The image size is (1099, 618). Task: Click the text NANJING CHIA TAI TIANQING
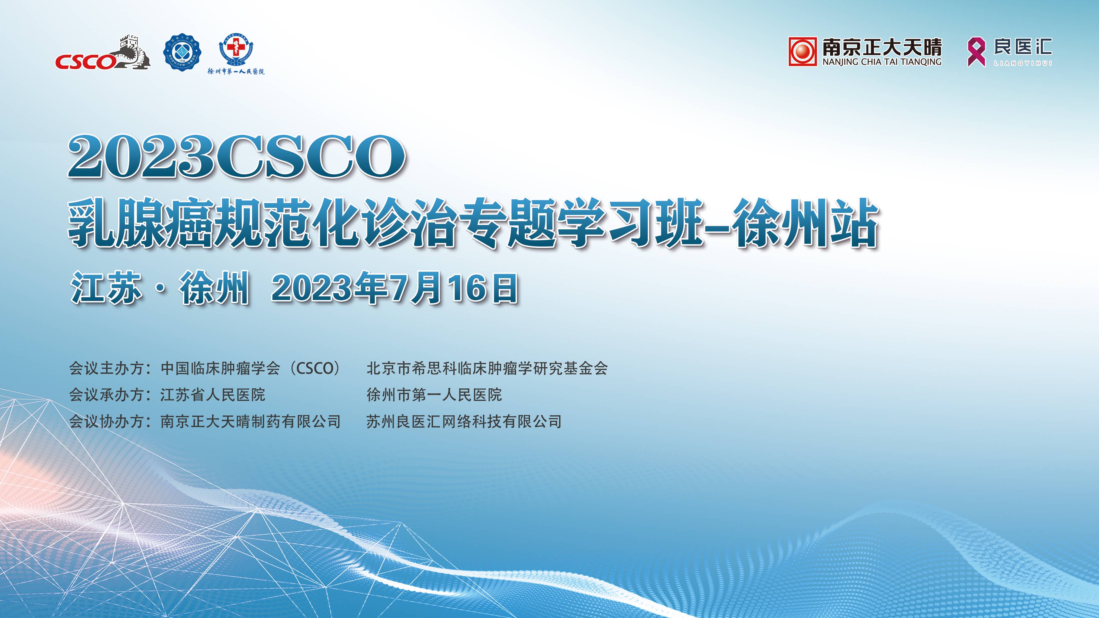click(882, 62)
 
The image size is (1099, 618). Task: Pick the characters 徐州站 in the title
click(805, 223)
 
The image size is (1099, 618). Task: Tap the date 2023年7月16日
click(395, 288)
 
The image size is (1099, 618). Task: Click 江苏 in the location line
click(107, 288)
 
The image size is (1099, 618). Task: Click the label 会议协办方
click(107, 421)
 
